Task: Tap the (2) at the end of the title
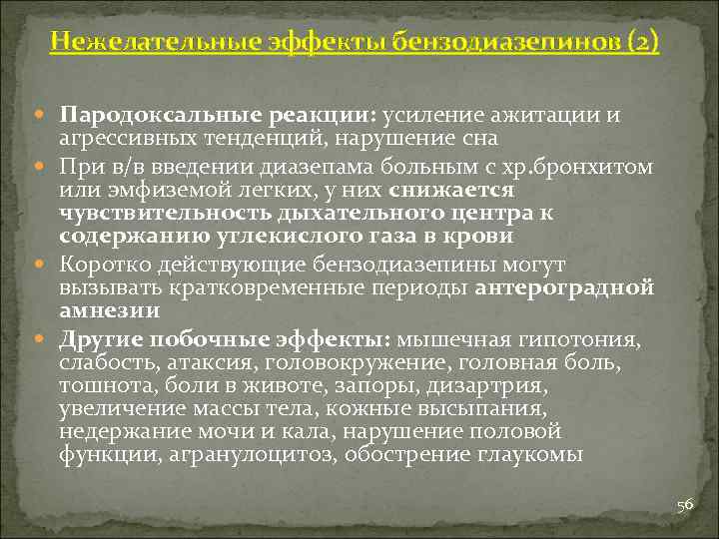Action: (643, 42)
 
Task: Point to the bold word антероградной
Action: (565, 288)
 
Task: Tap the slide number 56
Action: (684, 505)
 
